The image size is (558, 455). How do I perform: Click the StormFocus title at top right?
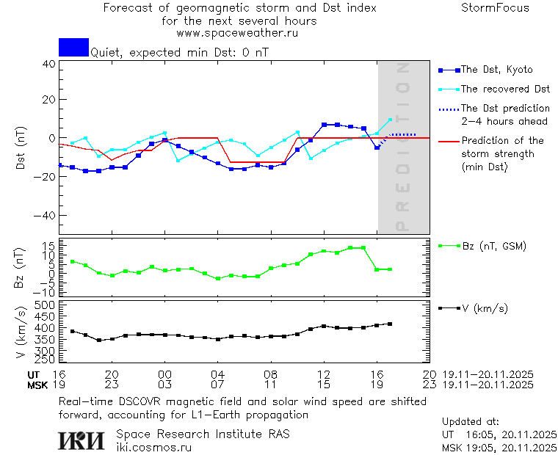pyautogui.click(x=495, y=8)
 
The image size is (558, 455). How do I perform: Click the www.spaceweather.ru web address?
pyautogui.click(x=237, y=33)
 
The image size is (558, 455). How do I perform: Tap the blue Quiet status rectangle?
pyautogui.click(x=73, y=48)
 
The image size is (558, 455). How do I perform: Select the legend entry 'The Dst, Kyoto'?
pyautogui.click(x=496, y=70)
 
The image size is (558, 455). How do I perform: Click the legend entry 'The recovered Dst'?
pyautogui.click(x=505, y=89)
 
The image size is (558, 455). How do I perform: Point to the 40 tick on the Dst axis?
pyautogui.click(x=49, y=64)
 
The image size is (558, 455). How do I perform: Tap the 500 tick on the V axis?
pyautogui.click(x=46, y=305)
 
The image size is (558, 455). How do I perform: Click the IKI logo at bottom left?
pyautogui.click(x=82, y=440)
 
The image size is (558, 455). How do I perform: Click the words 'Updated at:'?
pyautogui.click(x=471, y=422)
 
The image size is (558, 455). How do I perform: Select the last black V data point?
pyautogui.click(x=390, y=324)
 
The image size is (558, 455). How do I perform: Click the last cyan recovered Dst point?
pyautogui.click(x=390, y=120)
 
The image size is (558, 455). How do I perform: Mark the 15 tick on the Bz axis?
pyautogui.click(x=49, y=245)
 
